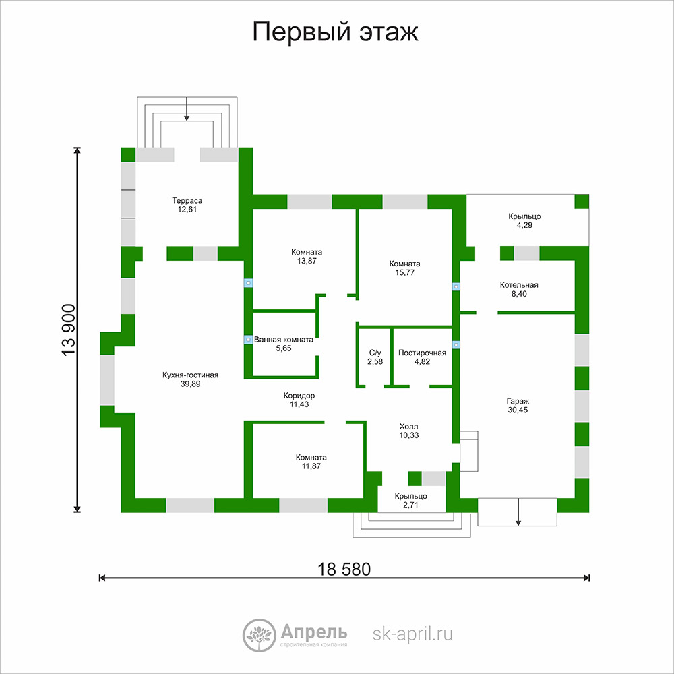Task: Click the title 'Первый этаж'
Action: pos(335,32)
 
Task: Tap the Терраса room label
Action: pos(187,201)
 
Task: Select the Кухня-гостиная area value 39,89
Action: pos(191,384)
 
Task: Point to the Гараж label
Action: pos(518,402)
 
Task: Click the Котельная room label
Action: pos(519,285)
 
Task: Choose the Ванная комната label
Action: pos(284,340)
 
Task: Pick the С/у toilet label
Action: pos(375,353)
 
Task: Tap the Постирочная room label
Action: pos(422,353)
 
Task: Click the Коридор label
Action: pos(299,396)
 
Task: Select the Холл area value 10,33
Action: pos(409,435)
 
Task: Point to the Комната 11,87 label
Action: pos(311,462)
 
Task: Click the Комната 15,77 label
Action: pos(405,268)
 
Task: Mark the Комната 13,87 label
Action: pos(307,257)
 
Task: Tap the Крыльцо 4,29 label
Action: pos(524,221)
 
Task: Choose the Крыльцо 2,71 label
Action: pos(411,501)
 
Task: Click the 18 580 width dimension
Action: pos(344,570)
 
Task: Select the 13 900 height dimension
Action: pos(69,330)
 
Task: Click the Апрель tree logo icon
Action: pos(259,636)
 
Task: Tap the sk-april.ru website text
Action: pos(412,634)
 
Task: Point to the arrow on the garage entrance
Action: pos(518,512)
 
